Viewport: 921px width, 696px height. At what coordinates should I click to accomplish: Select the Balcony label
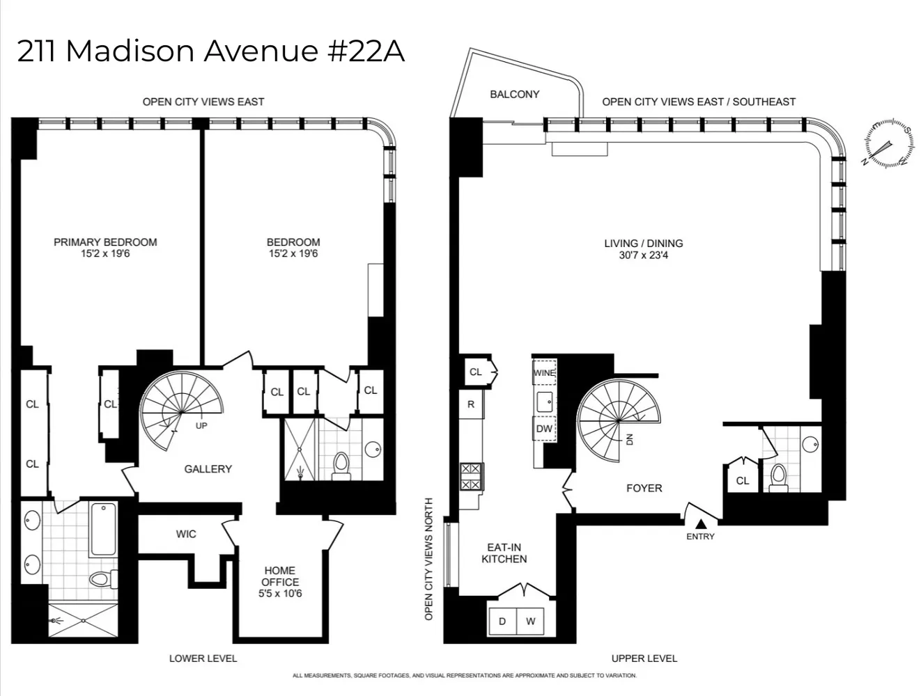click(x=514, y=94)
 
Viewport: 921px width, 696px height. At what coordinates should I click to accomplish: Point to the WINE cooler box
click(x=544, y=373)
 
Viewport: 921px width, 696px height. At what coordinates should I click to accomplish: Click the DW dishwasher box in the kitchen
click(x=544, y=429)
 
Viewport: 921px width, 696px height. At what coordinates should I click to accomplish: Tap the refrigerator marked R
click(x=471, y=404)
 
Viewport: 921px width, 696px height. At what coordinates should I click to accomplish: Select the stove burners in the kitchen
click(x=471, y=477)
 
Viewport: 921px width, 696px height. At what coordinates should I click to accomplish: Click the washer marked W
click(x=530, y=622)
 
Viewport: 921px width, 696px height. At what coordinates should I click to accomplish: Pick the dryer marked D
click(x=502, y=622)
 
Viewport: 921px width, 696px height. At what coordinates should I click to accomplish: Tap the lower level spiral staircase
click(x=181, y=411)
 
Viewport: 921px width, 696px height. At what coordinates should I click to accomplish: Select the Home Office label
click(x=279, y=576)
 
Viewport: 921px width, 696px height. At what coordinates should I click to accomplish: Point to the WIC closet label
click(x=186, y=534)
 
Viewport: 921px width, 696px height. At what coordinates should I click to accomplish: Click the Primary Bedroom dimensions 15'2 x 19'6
click(x=105, y=254)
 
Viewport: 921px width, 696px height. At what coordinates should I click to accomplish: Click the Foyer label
click(x=644, y=488)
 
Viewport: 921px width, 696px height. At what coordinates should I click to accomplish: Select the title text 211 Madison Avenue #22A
click(x=210, y=52)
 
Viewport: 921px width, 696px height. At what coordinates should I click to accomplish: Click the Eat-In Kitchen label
click(x=504, y=553)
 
